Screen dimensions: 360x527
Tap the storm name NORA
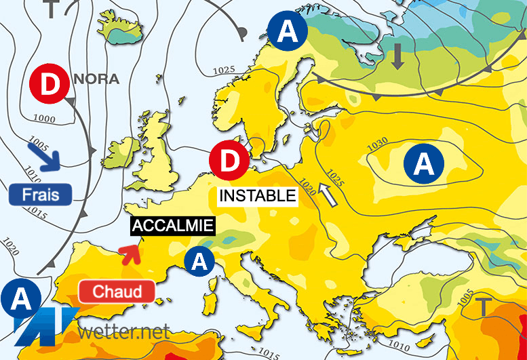coord(96,79)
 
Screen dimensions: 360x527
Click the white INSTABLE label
coord(257,196)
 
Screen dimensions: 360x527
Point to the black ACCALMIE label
coord(172,226)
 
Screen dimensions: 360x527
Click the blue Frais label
coord(40,195)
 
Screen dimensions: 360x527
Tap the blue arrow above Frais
coord(44,156)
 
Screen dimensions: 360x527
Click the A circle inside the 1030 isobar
coord(423,164)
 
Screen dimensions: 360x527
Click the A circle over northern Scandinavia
coord(287,31)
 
